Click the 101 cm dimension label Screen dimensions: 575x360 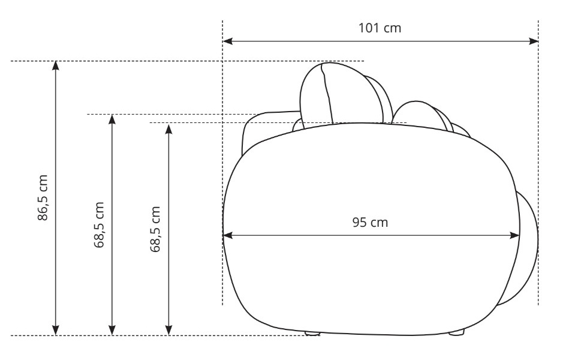click(380, 28)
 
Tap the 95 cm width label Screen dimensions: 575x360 click(370, 223)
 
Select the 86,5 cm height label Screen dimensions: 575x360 click(43, 198)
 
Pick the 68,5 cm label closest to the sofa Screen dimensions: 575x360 click(155, 229)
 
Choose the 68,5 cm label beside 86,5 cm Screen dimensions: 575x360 click(100, 225)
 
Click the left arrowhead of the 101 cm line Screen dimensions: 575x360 click(227, 41)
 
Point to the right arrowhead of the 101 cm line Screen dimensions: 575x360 click(534, 41)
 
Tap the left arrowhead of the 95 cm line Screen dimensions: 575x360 click(228, 235)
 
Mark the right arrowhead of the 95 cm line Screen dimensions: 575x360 click(515, 235)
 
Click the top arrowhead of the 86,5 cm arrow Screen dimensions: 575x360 click(55, 65)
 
